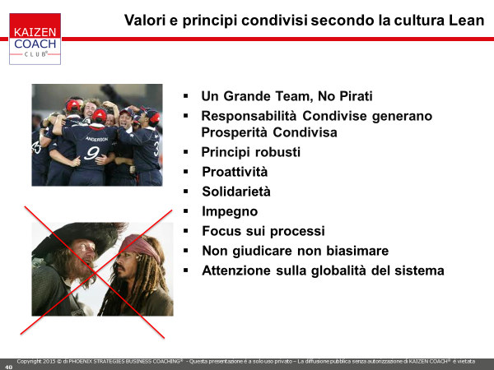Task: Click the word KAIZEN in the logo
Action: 35,32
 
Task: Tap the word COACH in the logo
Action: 35,44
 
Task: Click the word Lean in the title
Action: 466,20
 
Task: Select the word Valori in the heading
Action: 145,20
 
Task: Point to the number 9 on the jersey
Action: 91,153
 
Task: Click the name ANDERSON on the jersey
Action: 96,139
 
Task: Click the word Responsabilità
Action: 249,116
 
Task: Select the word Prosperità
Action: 235,132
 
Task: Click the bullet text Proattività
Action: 235,172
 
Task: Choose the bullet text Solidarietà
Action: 236,192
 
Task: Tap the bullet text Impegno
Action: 230,212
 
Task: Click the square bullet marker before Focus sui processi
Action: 185,231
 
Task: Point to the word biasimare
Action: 357,251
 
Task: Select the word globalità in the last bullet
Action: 338,271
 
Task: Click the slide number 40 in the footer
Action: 8,367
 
